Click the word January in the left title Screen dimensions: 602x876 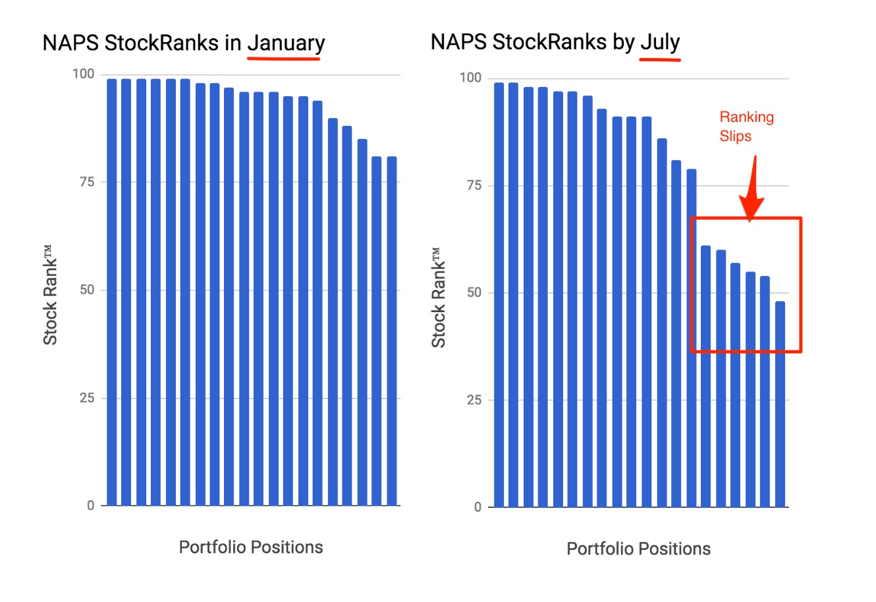[286, 43]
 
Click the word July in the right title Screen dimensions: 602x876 [660, 42]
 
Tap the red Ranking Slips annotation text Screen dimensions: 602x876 [746, 126]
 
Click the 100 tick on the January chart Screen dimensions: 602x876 [83, 74]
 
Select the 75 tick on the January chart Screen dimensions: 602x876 [86, 182]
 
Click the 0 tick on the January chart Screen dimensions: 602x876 [90, 506]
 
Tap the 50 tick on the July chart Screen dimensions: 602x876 [474, 292]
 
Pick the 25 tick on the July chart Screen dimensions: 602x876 [474, 400]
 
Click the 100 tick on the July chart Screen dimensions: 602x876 [470, 78]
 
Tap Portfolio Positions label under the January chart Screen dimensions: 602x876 [251, 547]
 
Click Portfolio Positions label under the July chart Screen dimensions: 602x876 [638, 549]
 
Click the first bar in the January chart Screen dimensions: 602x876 [111, 292]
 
